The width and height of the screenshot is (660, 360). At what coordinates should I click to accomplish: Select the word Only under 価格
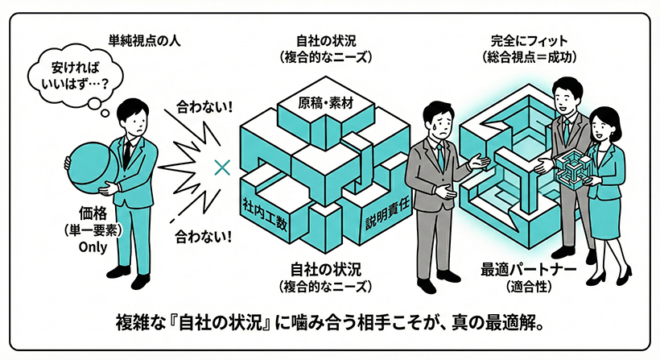click(x=93, y=247)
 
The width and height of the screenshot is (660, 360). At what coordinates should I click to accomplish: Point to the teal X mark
click(x=222, y=168)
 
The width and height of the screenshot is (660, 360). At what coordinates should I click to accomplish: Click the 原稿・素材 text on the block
click(x=325, y=103)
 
